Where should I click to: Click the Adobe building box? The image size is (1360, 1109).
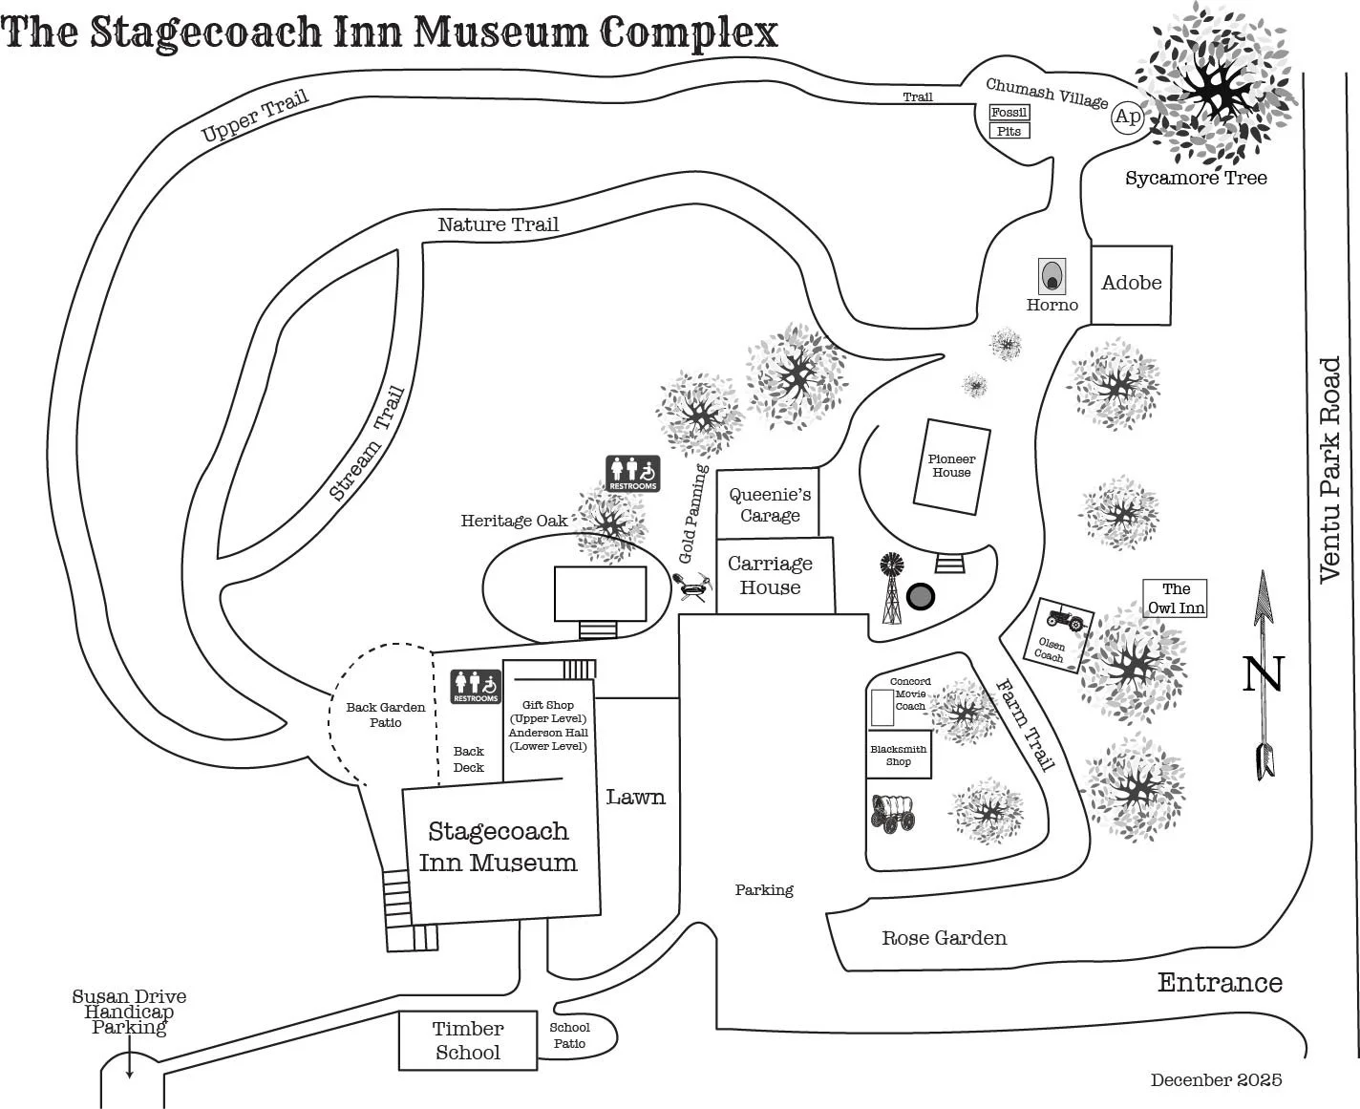click(x=1131, y=284)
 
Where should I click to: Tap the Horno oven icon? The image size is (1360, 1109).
click(x=1052, y=277)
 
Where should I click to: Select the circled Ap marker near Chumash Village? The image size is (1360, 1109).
click(x=1127, y=117)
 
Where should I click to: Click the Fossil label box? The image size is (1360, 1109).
click(x=1009, y=112)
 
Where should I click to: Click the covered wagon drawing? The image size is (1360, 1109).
click(x=893, y=812)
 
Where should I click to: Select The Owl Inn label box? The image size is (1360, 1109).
click(x=1176, y=598)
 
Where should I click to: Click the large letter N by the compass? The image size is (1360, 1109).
click(x=1263, y=674)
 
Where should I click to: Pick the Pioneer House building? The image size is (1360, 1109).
click(x=951, y=466)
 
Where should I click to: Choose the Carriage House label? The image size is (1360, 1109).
click(x=770, y=576)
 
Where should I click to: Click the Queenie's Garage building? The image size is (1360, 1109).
click(x=769, y=504)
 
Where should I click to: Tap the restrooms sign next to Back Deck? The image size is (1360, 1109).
click(x=476, y=687)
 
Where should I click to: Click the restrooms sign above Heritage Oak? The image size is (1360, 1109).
click(x=632, y=474)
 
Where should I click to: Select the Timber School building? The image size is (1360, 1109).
click(x=467, y=1040)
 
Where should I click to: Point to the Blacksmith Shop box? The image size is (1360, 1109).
click(x=899, y=755)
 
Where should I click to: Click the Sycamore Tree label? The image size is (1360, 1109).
click(x=1196, y=179)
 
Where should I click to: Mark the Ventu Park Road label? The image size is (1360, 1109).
click(x=1329, y=470)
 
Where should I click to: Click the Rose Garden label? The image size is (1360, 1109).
click(x=944, y=938)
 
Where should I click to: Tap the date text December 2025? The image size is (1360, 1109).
click(x=1216, y=1080)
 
